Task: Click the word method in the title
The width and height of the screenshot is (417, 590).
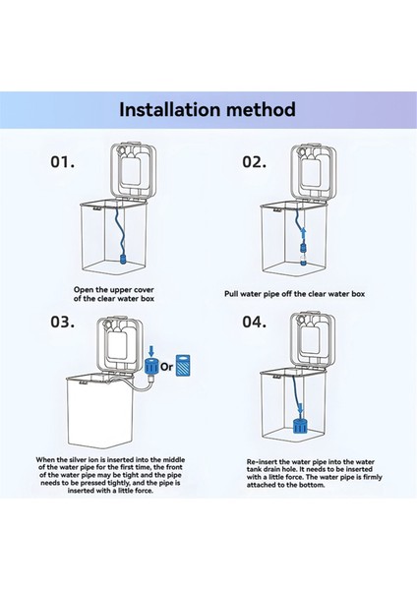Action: (x=259, y=108)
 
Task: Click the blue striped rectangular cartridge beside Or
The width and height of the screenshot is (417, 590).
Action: (x=186, y=366)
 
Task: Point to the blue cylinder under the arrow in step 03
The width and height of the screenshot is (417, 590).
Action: (x=150, y=368)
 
